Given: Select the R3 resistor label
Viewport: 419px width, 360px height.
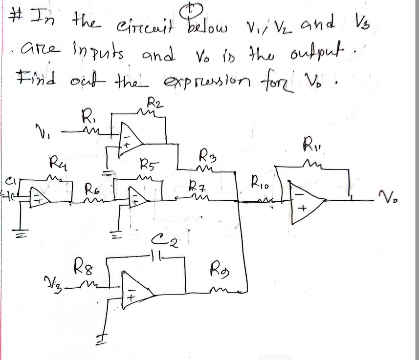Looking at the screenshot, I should point(207,158).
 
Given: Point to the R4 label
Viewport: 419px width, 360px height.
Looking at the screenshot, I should point(57,161).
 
